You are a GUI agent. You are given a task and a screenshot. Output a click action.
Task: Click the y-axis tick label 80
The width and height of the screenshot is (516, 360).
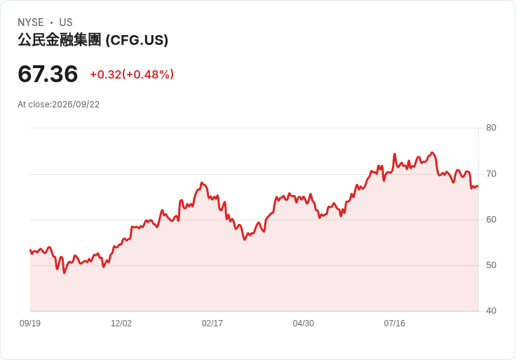(x=491, y=128)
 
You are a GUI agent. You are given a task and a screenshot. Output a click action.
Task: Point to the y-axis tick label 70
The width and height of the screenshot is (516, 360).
(x=491, y=173)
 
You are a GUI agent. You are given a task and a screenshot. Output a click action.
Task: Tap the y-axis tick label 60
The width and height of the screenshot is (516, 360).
(x=491, y=220)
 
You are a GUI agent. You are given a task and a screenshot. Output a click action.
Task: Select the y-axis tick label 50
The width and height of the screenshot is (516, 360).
(x=491, y=265)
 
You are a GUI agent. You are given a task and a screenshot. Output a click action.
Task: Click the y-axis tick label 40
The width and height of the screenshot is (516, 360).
(x=491, y=311)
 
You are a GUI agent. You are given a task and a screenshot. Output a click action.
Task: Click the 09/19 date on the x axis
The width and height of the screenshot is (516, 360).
(x=30, y=324)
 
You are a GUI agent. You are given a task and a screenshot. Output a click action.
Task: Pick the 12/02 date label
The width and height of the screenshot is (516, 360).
(x=121, y=324)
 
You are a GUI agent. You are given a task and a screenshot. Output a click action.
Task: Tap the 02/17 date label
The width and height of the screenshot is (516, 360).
(x=212, y=324)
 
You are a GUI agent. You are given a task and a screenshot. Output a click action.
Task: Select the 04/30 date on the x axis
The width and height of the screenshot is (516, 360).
(x=304, y=324)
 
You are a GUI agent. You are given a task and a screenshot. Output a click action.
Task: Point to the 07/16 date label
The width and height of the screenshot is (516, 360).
(x=394, y=324)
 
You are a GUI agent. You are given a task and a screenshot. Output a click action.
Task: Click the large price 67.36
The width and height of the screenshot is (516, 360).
(x=48, y=74)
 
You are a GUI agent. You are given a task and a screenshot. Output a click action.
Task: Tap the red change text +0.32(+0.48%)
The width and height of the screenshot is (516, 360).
(x=132, y=74)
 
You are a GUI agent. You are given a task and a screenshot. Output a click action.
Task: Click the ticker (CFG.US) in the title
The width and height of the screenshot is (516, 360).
(x=137, y=40)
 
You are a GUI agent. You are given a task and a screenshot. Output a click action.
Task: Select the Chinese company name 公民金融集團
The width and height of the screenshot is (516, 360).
(x=59, y=39)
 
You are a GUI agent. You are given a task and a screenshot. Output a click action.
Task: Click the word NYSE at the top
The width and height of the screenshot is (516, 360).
(x=31, y=22)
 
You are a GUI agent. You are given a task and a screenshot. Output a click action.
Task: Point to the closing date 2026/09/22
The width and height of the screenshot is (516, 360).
(x=76, y=105)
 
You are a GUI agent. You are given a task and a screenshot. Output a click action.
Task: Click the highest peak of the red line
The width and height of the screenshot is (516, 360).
(x=432, y=152)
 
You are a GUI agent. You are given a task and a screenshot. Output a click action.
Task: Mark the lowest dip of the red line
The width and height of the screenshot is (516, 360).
(x=64, y=273)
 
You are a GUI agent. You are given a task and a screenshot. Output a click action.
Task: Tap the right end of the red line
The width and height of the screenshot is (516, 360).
(x=478, y=187)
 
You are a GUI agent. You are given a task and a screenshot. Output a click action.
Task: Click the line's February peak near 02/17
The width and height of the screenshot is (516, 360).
(x=202, y=182)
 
